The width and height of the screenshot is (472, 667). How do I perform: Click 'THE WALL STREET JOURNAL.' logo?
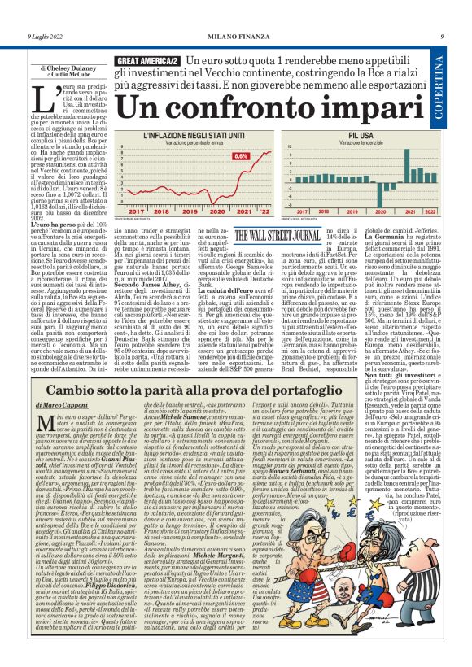[x=278, y=236]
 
